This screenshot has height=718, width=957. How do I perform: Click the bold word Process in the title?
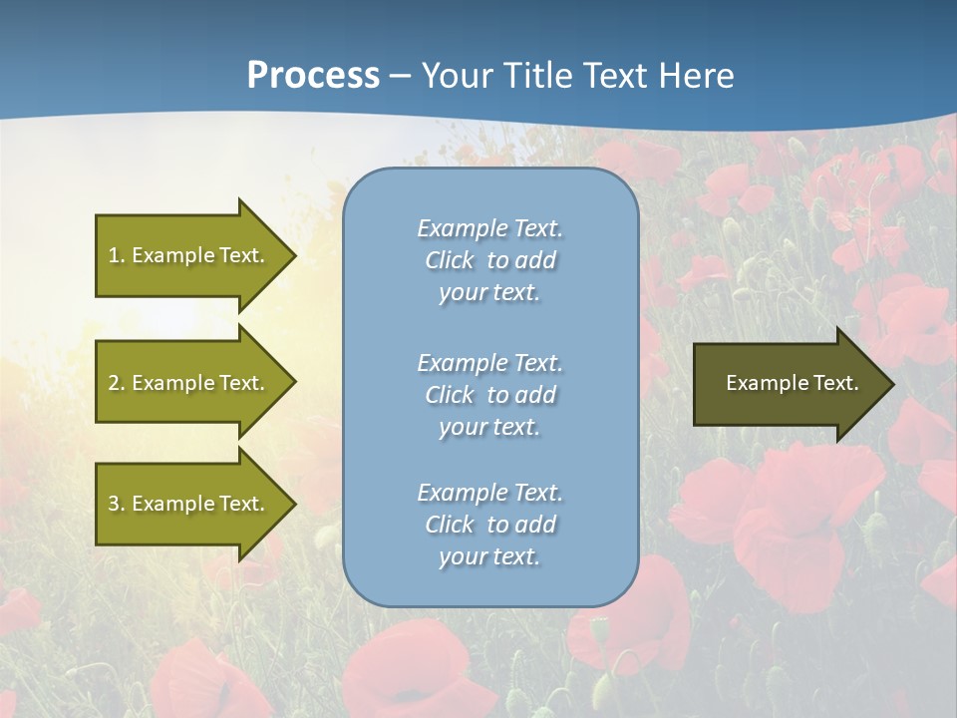(313, 76)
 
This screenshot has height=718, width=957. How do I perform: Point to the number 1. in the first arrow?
(116, 255)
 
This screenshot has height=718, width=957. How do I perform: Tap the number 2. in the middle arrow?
(116, 383)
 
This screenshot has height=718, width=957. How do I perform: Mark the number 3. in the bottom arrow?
(116, 504)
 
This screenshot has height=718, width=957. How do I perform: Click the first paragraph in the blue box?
(489, 260)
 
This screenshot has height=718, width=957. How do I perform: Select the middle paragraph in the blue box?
(489, 395)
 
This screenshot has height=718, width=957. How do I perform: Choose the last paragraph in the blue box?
(489, 525)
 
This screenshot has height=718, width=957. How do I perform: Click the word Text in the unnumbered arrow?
(836, 383)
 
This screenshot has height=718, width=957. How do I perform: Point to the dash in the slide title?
(400, 76)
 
